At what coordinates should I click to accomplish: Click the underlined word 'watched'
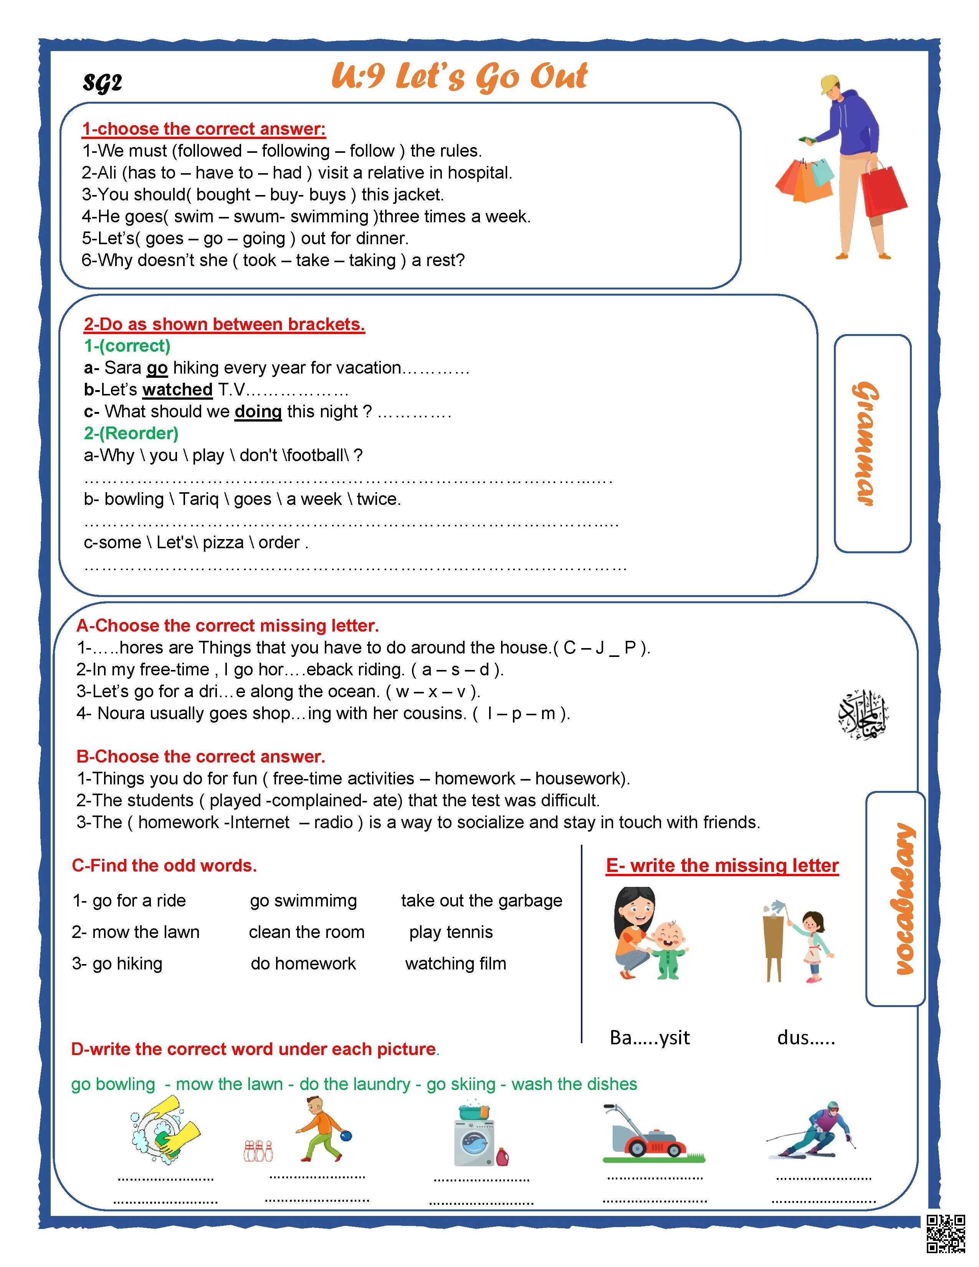177,389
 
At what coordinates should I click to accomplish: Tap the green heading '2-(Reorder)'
131,433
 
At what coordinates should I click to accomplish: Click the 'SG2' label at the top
103,83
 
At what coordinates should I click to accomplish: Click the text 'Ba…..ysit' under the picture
650,1038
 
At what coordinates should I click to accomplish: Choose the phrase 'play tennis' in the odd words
451,932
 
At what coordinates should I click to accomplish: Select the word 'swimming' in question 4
329,217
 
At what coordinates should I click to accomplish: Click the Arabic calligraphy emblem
863,715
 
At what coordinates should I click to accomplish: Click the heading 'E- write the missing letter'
722,865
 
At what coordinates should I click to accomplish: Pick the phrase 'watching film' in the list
455,964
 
